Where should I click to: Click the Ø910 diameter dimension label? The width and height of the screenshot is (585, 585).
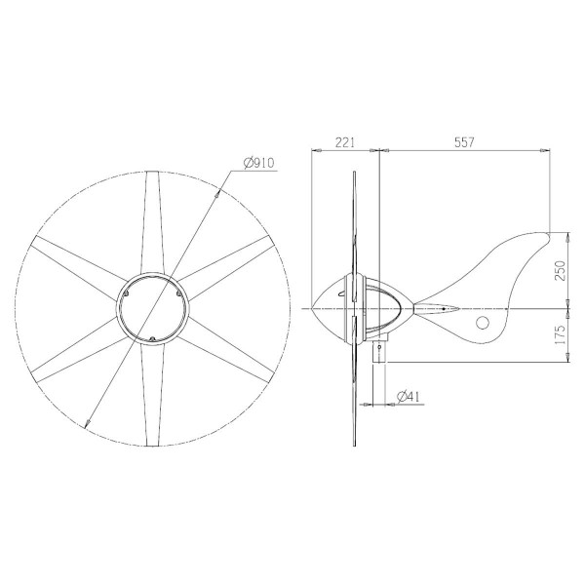click(x=256, y=162)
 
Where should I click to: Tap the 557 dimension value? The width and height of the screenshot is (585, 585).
click(x=464, y=142)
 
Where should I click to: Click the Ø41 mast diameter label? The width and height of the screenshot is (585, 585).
click(x=409, y=396)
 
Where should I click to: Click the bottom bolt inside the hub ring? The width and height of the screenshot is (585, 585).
click(x=153, y=338)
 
